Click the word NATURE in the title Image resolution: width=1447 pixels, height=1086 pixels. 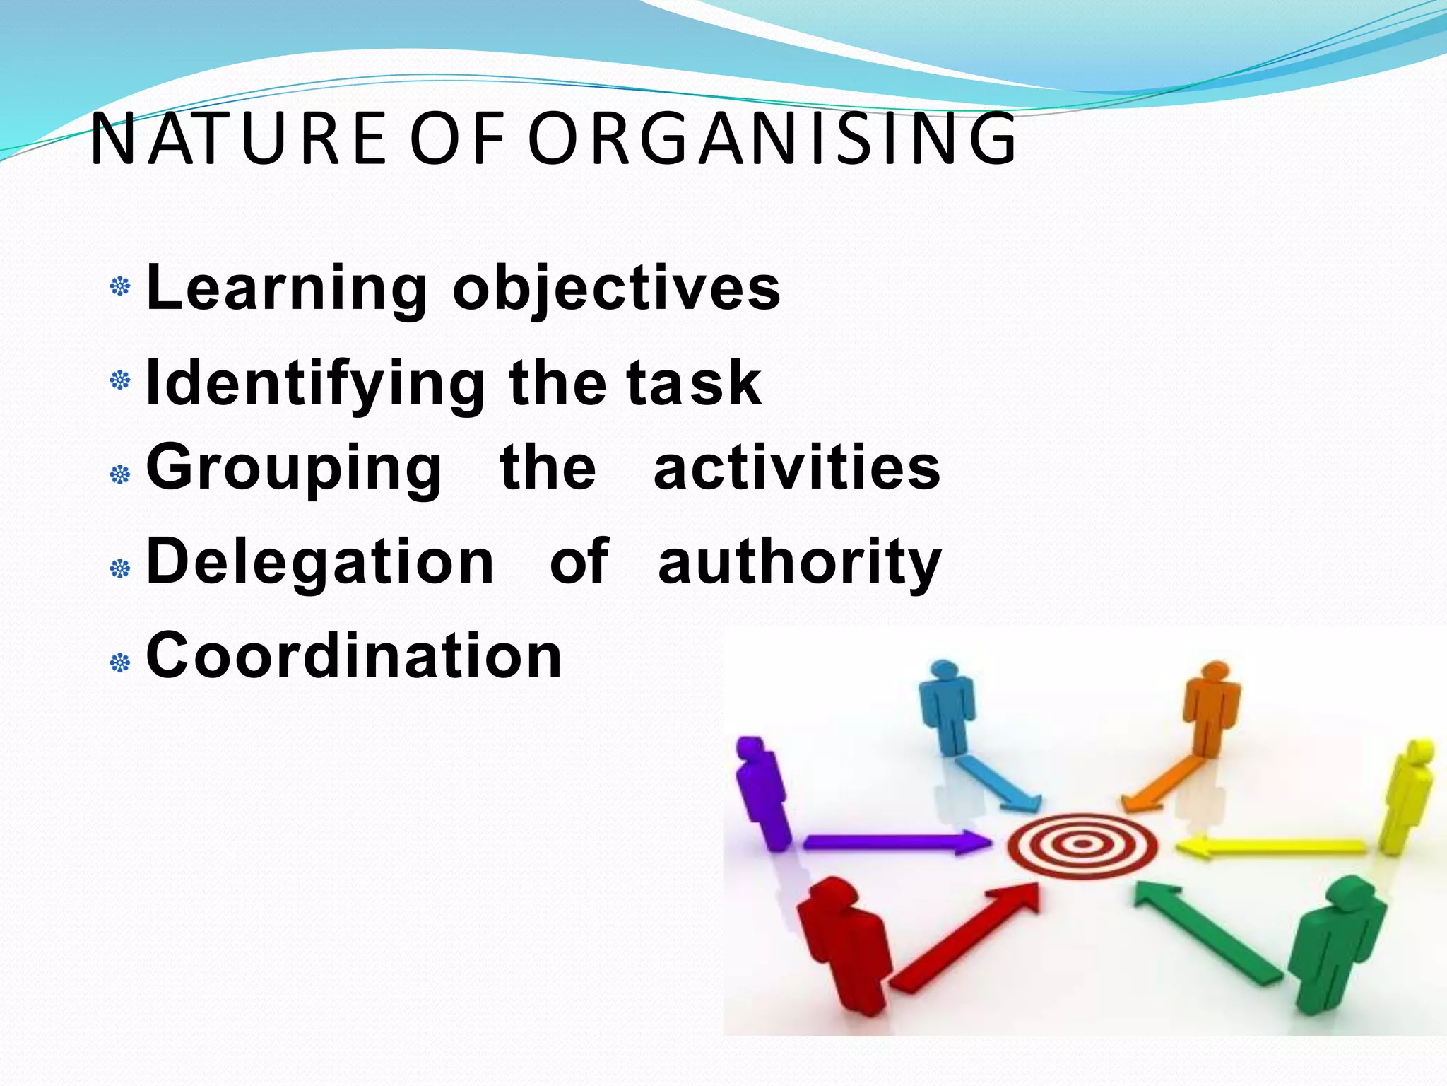(239, 139)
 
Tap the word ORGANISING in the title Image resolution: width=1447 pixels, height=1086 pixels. (772, 139)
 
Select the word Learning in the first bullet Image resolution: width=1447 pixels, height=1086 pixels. (286, 288)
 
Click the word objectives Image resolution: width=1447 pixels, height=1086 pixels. (616, 288)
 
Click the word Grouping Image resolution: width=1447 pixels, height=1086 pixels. (294, 469)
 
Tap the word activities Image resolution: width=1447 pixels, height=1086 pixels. (797, 467)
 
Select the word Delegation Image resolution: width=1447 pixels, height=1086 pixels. (319, 561)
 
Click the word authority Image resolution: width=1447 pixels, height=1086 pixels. (800, 563)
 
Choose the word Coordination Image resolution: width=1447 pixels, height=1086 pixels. (354, 655)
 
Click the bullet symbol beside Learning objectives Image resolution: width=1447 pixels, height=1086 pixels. (121, 287)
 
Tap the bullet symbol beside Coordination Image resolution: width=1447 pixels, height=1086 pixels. (121, 662)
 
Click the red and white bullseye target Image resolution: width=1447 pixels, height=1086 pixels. (1082, 843)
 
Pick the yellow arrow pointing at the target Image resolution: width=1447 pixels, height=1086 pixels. (1271, 846)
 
